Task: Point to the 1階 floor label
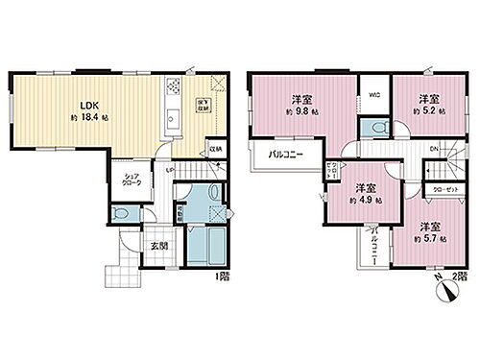click(x=222, y=277)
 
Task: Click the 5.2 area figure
click(x=429, y=111)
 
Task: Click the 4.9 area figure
click(x=365, y=202)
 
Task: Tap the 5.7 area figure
click(x=429, y=238)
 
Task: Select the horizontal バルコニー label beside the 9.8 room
click(x=282, y=154)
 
